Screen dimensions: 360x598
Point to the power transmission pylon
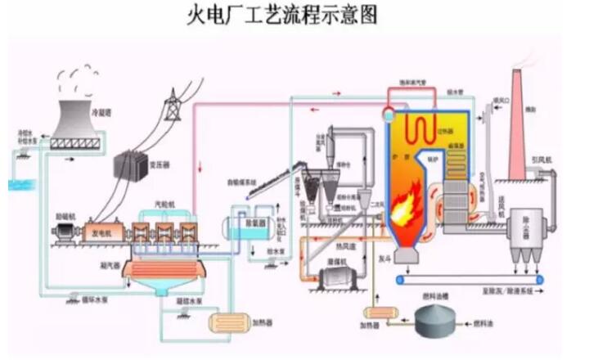(173, 106)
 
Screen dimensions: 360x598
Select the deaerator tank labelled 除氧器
(245, 223)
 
